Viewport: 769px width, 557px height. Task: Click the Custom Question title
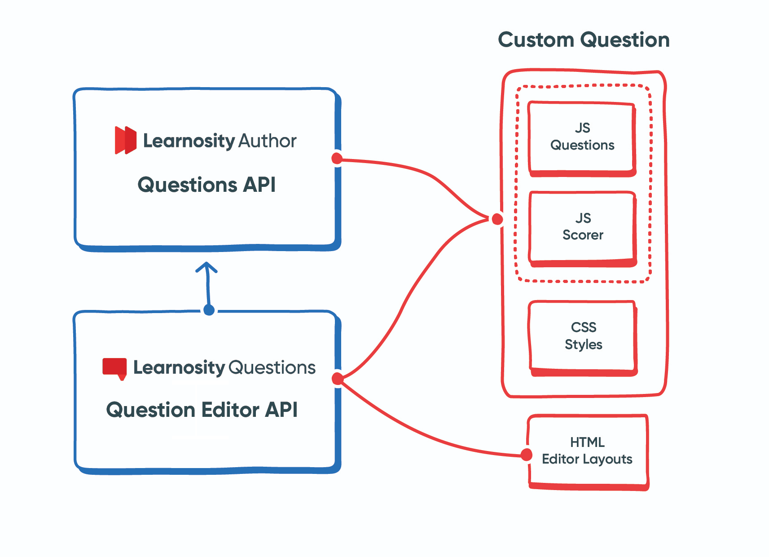coord(584,40)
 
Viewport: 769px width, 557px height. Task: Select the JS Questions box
coord(582,137)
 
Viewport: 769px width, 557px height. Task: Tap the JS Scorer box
coord(583,227)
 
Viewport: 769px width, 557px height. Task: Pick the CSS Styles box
coord(583,336)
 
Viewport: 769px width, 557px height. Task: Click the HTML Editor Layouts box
coord(587,451)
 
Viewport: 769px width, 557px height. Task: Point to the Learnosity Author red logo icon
coord(125,140)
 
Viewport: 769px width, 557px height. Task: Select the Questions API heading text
coord(207,185)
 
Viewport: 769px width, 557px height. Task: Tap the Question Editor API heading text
coord(202,410)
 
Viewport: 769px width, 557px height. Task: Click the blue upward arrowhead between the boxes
coord(207,267)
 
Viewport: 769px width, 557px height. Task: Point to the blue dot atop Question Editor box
coord(209,309)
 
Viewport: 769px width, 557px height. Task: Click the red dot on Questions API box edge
coord(337,158)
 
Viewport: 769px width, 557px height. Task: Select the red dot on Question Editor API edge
coord(337,379)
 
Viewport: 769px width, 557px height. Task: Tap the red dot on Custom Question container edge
coord(497,219)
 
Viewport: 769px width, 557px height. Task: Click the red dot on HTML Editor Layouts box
coord(526,455)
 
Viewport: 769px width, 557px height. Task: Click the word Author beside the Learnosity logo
coord(267,141)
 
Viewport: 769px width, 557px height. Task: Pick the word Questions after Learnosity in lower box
coord(272,368)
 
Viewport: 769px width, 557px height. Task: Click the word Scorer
coord(583,235)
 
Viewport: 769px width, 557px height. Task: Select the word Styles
coord(583,345)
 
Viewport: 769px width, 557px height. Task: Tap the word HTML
coord(587,442)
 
